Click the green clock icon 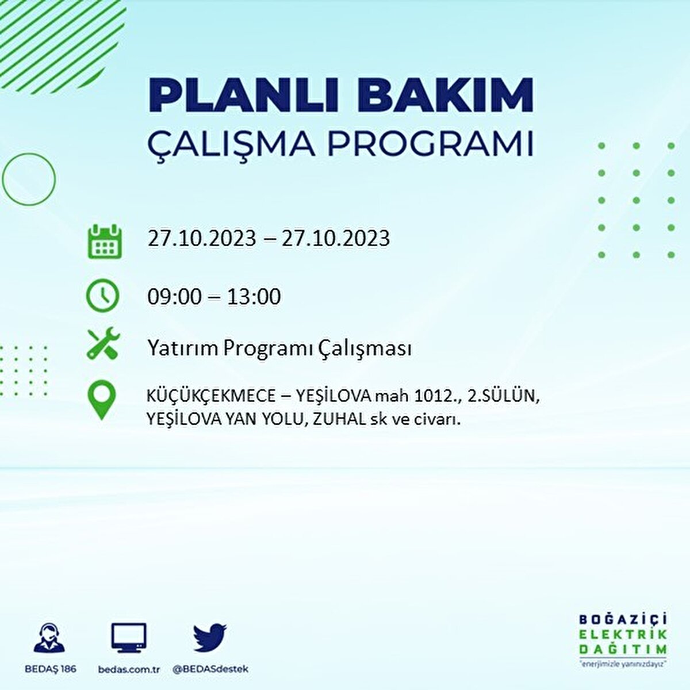click(102, 296)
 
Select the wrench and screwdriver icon click(103, 343)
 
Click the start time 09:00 click(175, 297)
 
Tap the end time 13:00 click(254, 297)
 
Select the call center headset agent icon click(49, 638)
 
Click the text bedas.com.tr click(129, 669)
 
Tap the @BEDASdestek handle click(210, 669)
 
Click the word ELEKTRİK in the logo click(623, 634)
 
